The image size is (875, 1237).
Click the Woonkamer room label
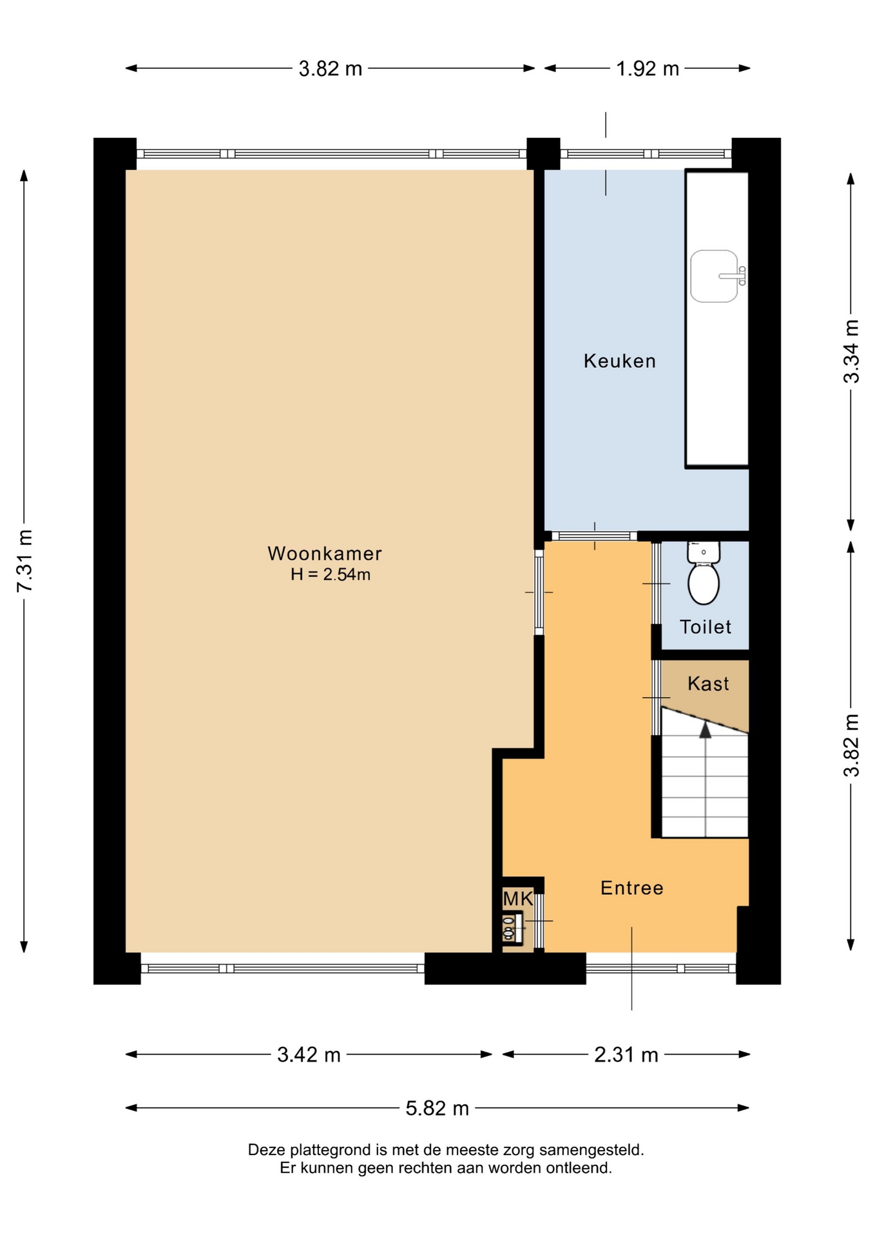pos(325,553)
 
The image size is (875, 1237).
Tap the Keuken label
pos(620,361)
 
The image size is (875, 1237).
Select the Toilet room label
pos(706,627)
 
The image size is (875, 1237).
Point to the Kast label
pos(708,684)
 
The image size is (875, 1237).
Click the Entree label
pos(632,888)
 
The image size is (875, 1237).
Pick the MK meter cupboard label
pos(518,898)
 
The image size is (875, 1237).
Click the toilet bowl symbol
pos(704,583)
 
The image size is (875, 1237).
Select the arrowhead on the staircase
pos(706,729)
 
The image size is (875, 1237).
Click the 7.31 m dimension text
pos(24,561)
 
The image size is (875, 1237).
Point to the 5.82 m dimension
pos(437,1108)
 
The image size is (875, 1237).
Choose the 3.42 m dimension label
pos(309,1055)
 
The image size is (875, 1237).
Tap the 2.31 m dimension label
pos(626,1055)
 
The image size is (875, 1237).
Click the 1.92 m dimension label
pos(648,68)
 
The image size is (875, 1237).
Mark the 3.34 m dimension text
pos(851,351)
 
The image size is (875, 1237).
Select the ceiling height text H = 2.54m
pos(331,575)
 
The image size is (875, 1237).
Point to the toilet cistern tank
pos(704,552)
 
